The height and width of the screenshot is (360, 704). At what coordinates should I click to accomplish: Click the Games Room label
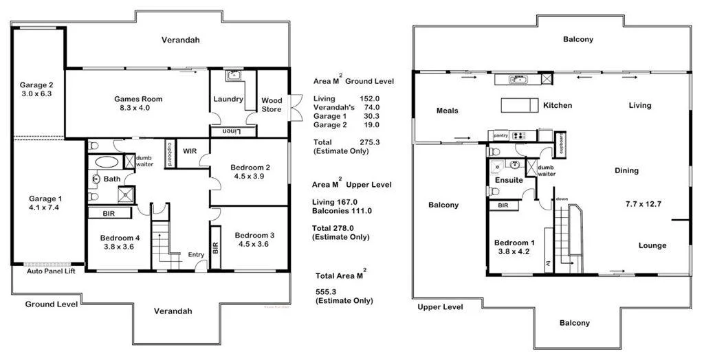[138, 99]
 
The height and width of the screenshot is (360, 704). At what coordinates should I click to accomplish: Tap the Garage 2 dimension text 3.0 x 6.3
[36, 94]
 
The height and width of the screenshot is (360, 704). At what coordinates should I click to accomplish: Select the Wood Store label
[272, 105]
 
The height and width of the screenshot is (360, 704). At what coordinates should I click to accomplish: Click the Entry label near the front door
[197, 255]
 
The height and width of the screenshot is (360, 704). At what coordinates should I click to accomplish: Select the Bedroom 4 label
[115, 238]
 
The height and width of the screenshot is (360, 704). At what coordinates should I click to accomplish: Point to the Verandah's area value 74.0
[368, 107]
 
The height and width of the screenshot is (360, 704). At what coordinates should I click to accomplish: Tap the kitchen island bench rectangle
[518, 106]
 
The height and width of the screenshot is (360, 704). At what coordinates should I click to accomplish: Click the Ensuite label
[509, 181]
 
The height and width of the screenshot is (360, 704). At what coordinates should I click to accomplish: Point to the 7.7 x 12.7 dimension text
[642, 204]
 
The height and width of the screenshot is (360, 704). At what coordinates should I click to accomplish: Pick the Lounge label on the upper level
[652, 246]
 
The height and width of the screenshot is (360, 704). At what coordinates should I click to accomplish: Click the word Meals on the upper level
[448, 111]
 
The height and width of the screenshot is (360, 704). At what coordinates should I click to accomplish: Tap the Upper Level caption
[440, 307]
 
